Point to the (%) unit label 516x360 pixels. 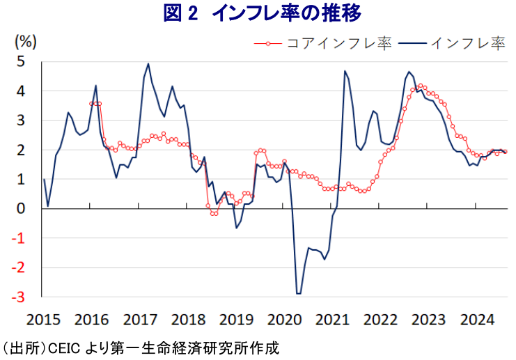25,41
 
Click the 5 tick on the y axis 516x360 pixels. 21,61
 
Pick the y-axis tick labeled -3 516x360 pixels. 19,297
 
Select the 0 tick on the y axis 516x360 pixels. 21,208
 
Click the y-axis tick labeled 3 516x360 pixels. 21,120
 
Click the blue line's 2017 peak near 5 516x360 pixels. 148,64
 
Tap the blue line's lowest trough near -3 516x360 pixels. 299,293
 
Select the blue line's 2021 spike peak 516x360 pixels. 345,71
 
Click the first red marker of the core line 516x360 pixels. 91,103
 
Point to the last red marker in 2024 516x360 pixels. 505,152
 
